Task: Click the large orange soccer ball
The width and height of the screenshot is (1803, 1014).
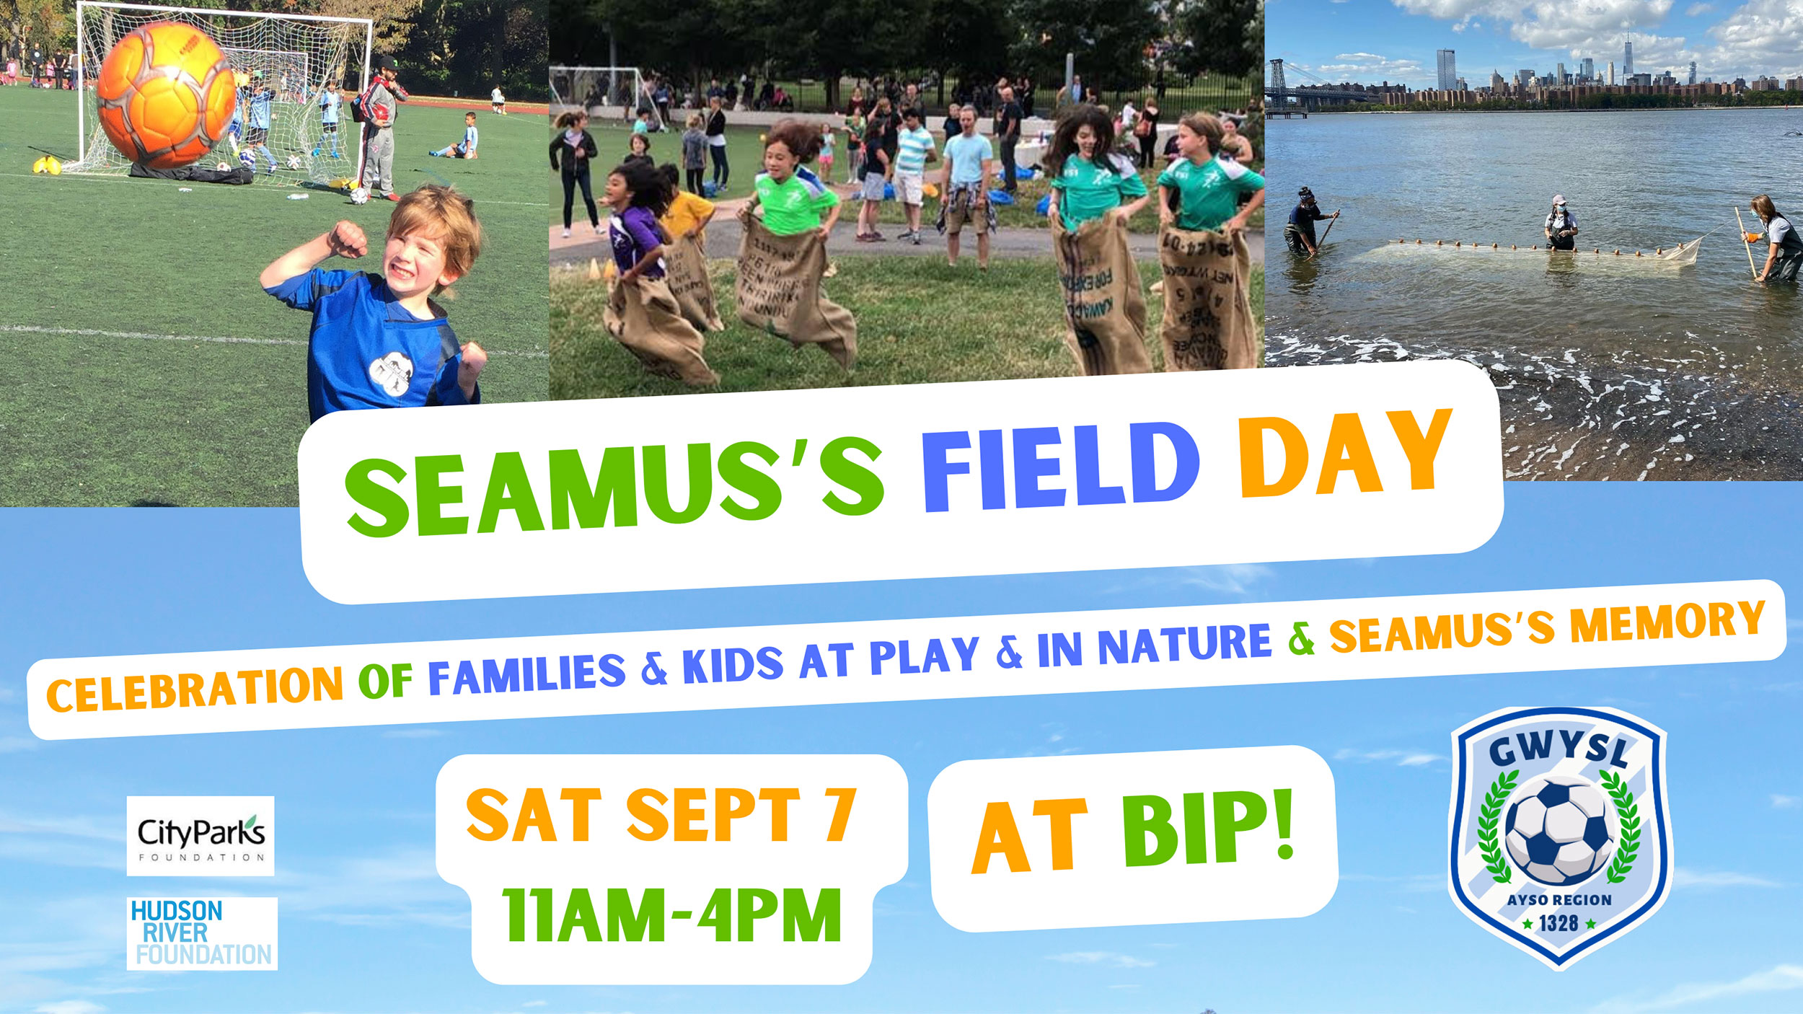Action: click(166, 94)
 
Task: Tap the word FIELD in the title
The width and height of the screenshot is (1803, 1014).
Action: click(1060, 469)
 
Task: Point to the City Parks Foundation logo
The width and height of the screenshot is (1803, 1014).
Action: click(200, 836)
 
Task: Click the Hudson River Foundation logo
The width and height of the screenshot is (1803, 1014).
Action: click(202, 933)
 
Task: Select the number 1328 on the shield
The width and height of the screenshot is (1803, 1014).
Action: click(1559, 923)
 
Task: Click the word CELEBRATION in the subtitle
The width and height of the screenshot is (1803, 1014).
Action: click(195, 689)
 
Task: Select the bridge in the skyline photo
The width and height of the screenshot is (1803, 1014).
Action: click(1298, 83)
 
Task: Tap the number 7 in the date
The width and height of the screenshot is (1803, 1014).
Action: click(840, 815)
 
